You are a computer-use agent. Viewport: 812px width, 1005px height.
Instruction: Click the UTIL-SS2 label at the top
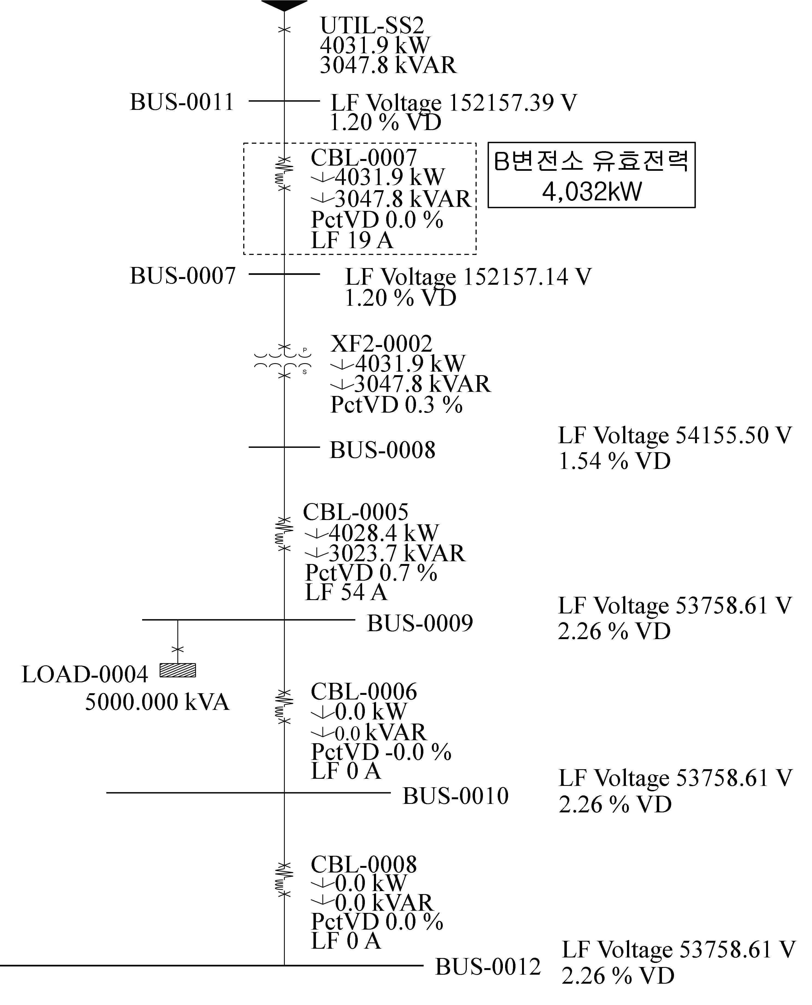pyautogui.click(x=372, y=26)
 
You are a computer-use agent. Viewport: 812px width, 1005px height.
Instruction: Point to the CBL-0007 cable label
pyautogui.click(x=364, y=158)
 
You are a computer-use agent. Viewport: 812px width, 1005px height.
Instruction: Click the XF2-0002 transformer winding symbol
pyautogui.click(x=283, y=361)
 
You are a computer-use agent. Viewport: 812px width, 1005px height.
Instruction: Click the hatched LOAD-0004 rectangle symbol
pyautogui.click(x=178, y=670)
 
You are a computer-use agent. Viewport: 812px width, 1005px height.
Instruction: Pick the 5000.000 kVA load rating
pyautogui.click(x=157, y=702)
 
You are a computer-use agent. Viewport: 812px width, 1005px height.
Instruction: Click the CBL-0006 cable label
pyautogui.click(x=364, y=691)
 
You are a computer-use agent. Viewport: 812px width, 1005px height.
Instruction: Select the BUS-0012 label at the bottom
pyautogui.click(x=488, y=967)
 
